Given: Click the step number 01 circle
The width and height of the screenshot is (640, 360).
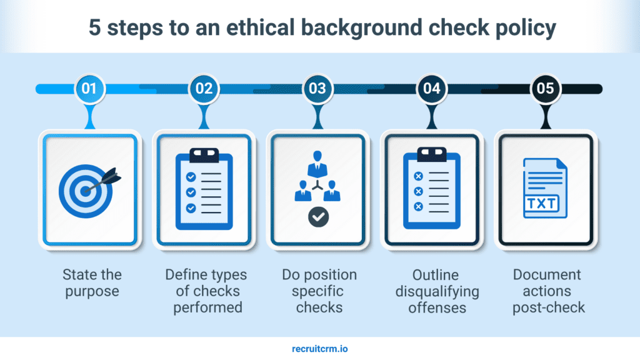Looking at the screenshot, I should tap(89, 89).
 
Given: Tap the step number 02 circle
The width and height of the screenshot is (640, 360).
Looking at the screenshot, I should tap(204, 89).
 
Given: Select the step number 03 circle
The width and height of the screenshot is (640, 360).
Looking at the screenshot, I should tap(317, 89).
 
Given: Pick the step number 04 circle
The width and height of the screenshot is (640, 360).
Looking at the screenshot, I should tap(432, 89).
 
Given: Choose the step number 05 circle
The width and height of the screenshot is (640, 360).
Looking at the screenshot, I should tap(546, 89).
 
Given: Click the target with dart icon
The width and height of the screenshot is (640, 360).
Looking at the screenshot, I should tap(89, 187).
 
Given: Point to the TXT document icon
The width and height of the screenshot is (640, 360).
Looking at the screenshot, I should tap(545, 188).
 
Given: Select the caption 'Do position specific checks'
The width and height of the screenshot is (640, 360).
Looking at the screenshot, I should tap(319, 291).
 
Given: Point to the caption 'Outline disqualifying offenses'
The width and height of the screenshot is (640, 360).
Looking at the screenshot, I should tap(437, 291).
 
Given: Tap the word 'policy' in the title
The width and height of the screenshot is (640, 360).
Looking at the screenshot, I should tap(521, 29).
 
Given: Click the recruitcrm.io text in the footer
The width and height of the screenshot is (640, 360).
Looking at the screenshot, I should tap(319, 349).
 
